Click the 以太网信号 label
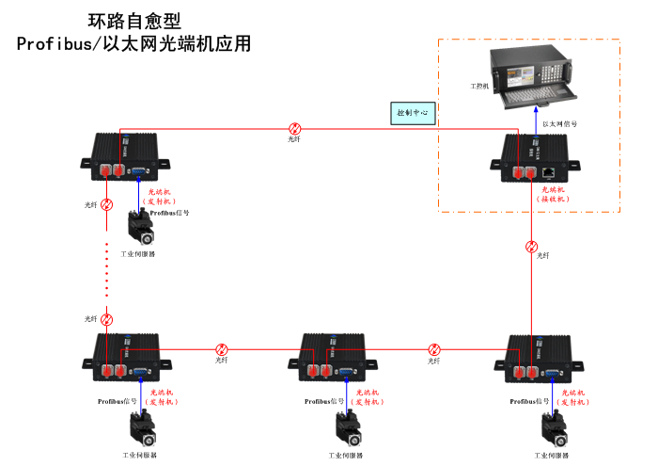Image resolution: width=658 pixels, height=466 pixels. point(560,123)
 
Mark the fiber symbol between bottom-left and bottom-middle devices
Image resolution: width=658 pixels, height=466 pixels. point(222,349)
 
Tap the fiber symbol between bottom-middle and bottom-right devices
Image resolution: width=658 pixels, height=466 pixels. point(434,349)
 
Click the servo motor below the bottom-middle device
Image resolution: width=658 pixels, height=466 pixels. point(347,428)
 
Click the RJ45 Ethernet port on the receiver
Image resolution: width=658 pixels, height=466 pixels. point(548,172)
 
